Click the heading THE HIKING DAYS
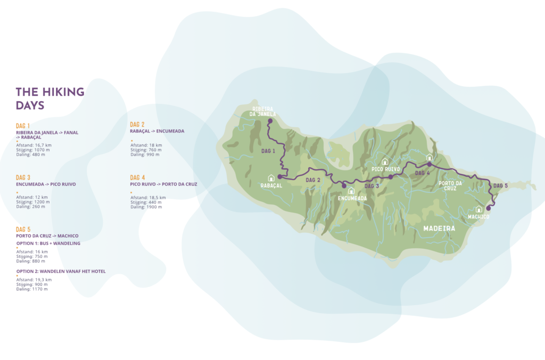click(x=49, y=99)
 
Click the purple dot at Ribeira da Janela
click(x=269, y=121)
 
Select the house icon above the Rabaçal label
click(x=271, y=178)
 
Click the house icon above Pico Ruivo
click(x=385, y=161)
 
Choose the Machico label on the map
click(x=478, y=217)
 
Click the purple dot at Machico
click(x=489, y=208)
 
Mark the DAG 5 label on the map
click(x=501, y=186)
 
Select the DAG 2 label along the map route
click(x=313, y=180)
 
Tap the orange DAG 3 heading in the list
click(x=23, y=177)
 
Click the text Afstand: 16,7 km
click(x=34, y=145)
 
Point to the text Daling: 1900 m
click(x=146, y=207)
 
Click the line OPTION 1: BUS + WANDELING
click(x=48, y=243)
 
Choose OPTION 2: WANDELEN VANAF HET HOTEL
click(x=61, y=271)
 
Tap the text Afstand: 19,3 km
click(x=34, y=280)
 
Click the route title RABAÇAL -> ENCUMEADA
click(x=159, y=131)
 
